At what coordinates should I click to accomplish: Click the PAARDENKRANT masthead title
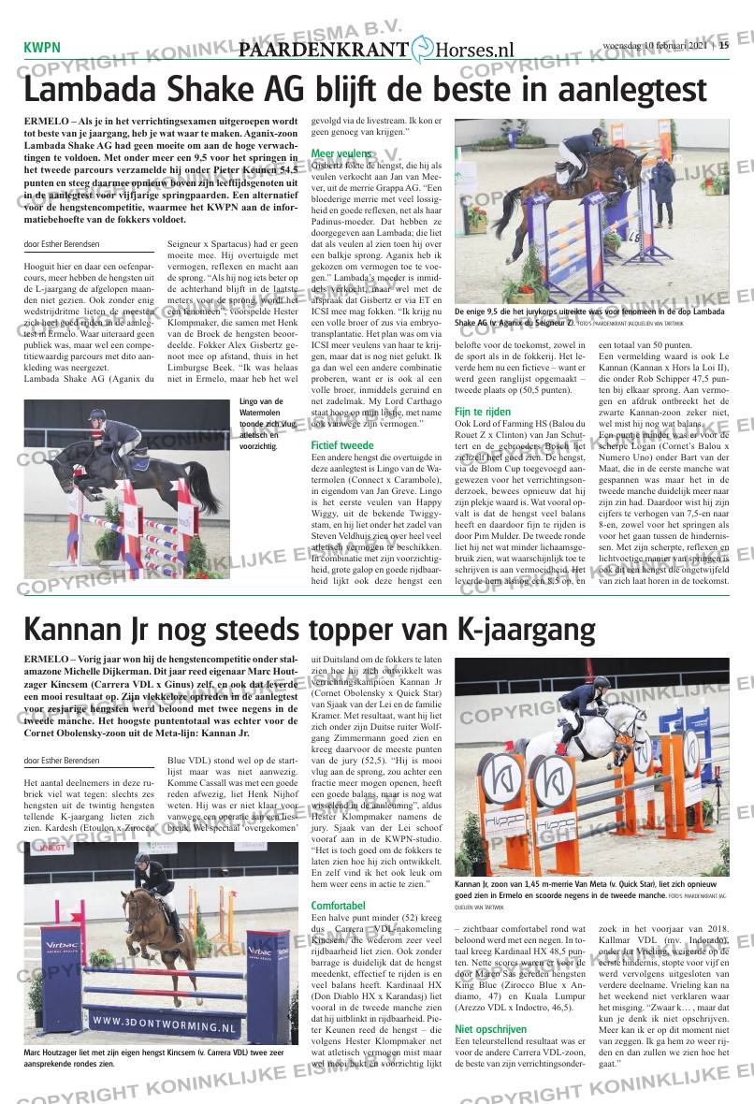[324, 50]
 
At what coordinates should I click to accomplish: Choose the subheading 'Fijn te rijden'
[483, 412]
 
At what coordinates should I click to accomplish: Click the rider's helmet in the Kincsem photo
[142, 858]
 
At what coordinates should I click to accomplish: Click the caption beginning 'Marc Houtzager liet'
[150, 1058]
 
